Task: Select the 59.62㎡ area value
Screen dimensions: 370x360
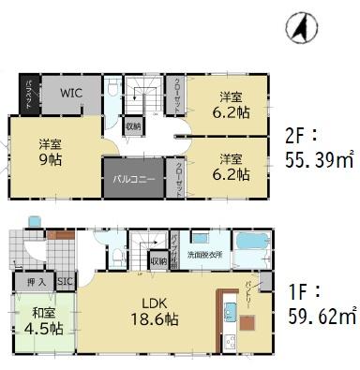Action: click(x=319, y=318)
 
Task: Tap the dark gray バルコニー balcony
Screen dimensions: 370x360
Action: click(x=134, y=176)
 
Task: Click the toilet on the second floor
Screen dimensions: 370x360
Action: click(x=112, y=90)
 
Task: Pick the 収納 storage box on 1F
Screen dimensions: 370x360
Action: click(x=157, y=260)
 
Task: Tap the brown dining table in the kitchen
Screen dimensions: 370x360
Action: click(x=246, y=323)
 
